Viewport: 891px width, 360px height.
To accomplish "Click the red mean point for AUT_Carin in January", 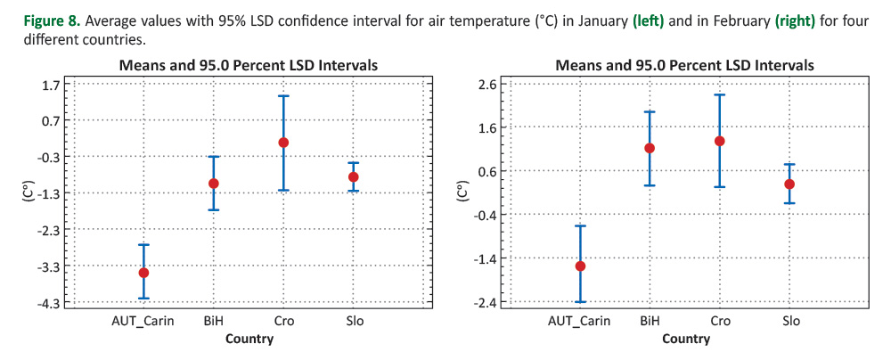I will (x=143, y=273).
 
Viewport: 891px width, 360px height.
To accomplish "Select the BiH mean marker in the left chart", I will (x=214, y=184).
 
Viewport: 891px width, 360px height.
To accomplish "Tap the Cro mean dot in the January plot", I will (x=284, y=143).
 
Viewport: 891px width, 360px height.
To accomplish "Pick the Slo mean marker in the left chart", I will (x=354, y=177).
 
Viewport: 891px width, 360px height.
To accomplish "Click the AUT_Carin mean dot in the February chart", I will (x=580, y=266).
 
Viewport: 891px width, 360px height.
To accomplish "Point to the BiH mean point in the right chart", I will (x=650, y=149).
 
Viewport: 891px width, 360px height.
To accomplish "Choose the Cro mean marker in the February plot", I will (x=719, y=141).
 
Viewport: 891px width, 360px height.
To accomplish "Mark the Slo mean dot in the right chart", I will (x=789, y=184).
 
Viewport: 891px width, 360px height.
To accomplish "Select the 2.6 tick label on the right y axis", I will (x=488, y=85).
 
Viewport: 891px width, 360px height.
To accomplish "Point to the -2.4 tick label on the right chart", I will (x=486, y=303).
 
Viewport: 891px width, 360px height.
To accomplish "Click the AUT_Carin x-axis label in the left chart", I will (x=143, y=321).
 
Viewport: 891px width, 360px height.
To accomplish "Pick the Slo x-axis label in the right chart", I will (x=789, y=321).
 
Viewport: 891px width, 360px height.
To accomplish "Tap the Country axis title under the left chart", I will (x=249, y=339).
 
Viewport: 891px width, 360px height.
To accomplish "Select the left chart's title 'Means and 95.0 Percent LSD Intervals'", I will (x=249, y=65).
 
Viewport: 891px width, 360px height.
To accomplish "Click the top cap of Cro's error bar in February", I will (x=719, y=94).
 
